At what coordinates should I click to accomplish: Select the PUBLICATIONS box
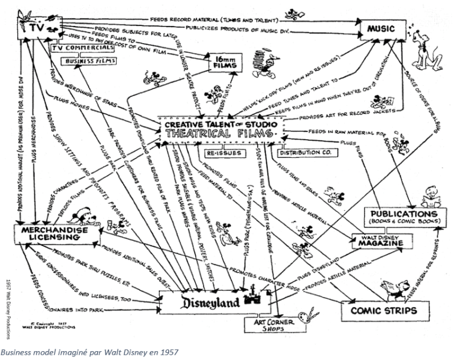[403, 216]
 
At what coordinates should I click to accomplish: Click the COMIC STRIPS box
[383, 309]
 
